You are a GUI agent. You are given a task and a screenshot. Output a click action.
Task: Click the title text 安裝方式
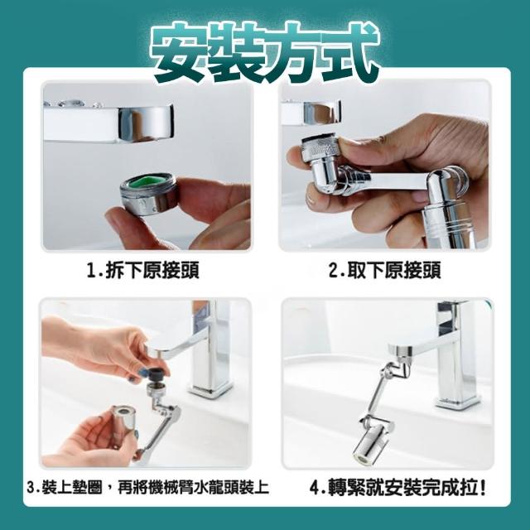coord(265,51)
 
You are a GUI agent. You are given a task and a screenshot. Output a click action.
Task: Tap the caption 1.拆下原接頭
coord(142,271)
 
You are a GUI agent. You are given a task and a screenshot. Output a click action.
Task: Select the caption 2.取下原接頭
coord(384,271)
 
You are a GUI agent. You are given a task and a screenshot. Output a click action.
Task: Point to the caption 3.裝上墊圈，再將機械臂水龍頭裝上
coord(148,488)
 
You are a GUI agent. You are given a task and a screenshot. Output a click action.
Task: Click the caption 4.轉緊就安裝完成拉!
coord(397,488)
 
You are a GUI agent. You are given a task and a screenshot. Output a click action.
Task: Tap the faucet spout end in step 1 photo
coord(146,123)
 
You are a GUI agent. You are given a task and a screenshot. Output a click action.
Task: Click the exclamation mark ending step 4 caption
coord(482,488)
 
